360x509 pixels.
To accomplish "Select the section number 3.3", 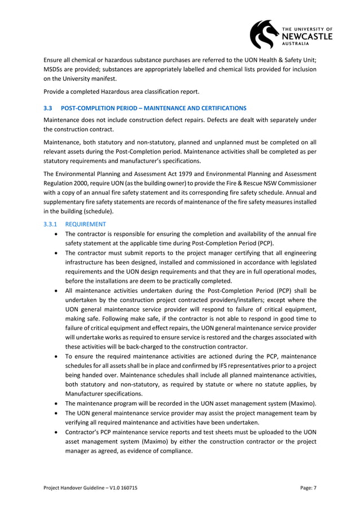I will click(48, 107).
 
